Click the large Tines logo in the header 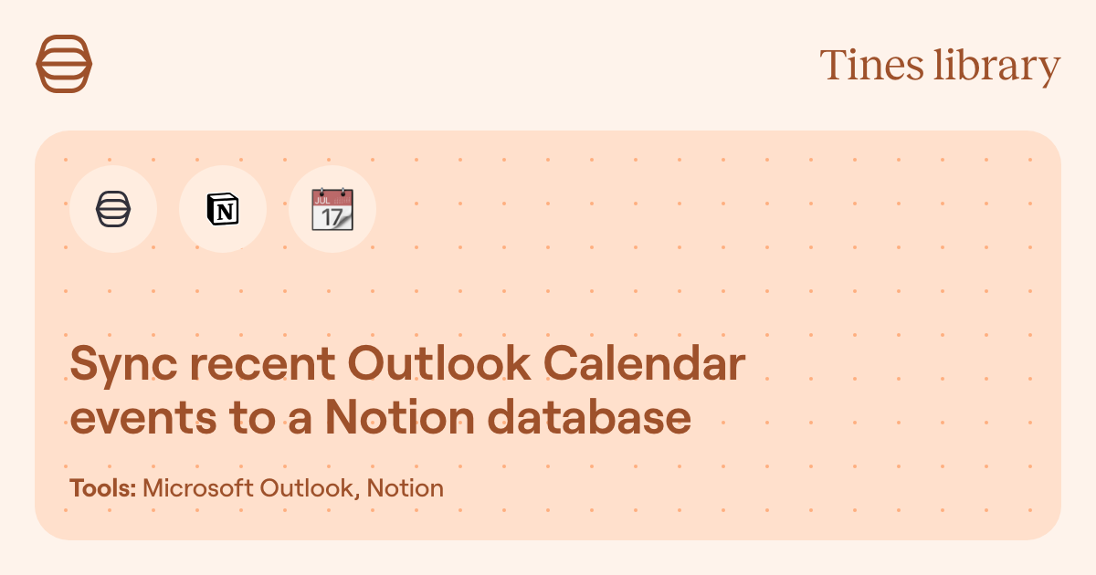pos(64,64)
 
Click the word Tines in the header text pos(871,65)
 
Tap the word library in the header pos(997,68)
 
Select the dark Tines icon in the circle pos(113,209)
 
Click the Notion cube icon pos(223,209)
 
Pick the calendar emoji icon pos(332,209)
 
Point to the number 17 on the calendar pos(332,217)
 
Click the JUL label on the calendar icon pos(322,201)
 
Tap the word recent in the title pos(263,364)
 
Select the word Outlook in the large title pos(439,363)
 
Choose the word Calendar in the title pos(645,363)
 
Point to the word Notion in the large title pos(400,416)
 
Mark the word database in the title pos(590,416)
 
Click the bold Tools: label pos(102,488)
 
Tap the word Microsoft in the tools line pos(198,488)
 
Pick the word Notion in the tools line pos(406,488)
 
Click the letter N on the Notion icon pos(225,212)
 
